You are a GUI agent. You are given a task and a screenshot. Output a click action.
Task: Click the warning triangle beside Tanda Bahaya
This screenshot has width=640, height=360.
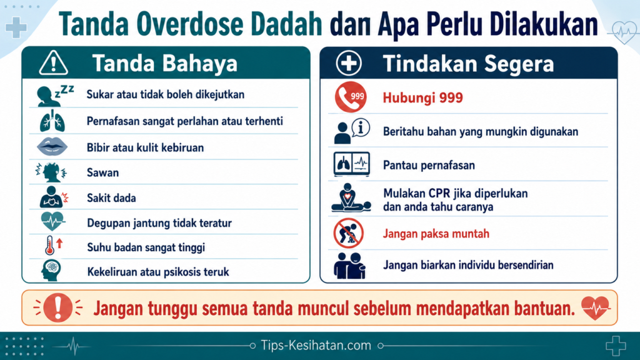(x=54, y=63)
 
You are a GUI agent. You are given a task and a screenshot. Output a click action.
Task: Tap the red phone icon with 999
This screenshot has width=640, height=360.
(x=351, y=97)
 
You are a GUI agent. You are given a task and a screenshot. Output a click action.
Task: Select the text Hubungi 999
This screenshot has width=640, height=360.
(x=422, y=98)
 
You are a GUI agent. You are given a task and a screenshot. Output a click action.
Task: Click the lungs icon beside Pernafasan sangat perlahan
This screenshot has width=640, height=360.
(x=52, y=121)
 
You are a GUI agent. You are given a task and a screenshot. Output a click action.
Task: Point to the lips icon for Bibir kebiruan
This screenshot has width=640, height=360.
(x=52, y=147)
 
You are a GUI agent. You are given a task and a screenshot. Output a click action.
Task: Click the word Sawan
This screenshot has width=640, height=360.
(x=103, y=172)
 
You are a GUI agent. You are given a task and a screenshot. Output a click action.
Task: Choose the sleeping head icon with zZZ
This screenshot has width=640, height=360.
(x=54, y=96)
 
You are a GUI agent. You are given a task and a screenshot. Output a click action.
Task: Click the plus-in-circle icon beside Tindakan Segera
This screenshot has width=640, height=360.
(x=349, y=63)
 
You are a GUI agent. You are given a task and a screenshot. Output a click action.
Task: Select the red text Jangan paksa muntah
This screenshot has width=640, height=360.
(x=436, y=234)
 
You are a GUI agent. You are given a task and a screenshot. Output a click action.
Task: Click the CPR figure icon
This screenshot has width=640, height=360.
(x=351, y=198)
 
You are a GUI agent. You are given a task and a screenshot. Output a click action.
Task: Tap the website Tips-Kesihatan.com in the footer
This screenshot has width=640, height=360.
(x=316, y=346)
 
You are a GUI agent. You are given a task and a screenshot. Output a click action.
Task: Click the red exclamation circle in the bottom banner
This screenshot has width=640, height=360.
(x=57, y=307)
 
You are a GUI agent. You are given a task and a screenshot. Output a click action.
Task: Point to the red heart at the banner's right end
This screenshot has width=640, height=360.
(x=596, y=307)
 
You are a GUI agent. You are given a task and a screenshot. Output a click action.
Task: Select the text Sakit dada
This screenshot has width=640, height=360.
(x=111, y=198)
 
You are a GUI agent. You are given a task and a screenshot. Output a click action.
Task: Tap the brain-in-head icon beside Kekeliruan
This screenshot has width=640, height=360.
(x=51, y=270)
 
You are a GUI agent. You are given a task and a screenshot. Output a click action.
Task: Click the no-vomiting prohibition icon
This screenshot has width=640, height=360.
(x=348, y=234)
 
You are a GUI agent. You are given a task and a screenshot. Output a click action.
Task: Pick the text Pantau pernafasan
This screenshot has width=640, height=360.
(x=429, y=165)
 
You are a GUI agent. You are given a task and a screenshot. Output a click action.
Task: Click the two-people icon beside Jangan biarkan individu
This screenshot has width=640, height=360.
(x=349, y=265)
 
